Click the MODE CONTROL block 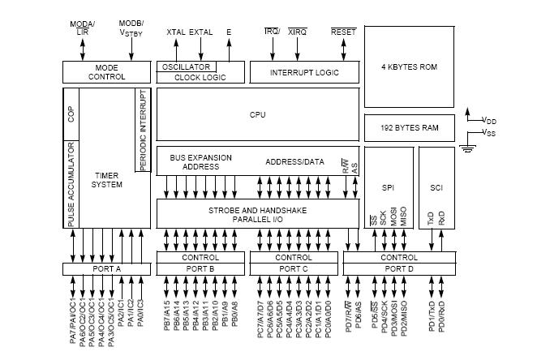coord(106,71)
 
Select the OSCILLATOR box coord(185,66)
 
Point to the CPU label coord(257,115)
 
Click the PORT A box coord(106,268)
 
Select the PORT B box coord(200,268)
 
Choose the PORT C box coord(293,268)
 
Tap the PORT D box coord(398,268)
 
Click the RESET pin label coord(343,32)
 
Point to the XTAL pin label coord(175,32)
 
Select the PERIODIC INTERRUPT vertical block coord(143,130)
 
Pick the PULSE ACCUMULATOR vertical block coord(71,183)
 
